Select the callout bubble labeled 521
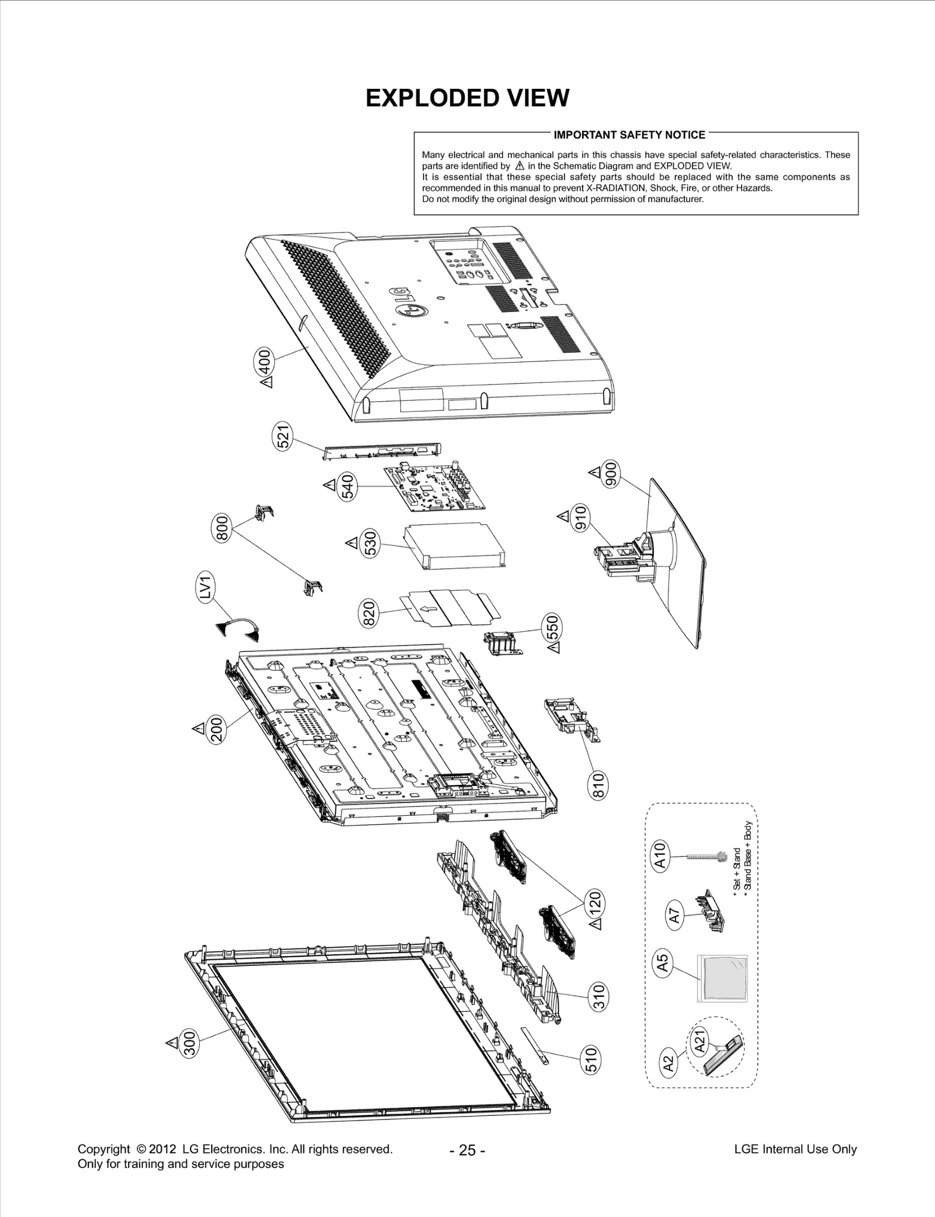[x=283, y=436]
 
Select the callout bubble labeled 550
[x=552, y=628]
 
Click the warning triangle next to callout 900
[x=594, y=471]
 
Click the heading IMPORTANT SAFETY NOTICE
[x=629, y=135]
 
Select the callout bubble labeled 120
[x=595, y=905]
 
